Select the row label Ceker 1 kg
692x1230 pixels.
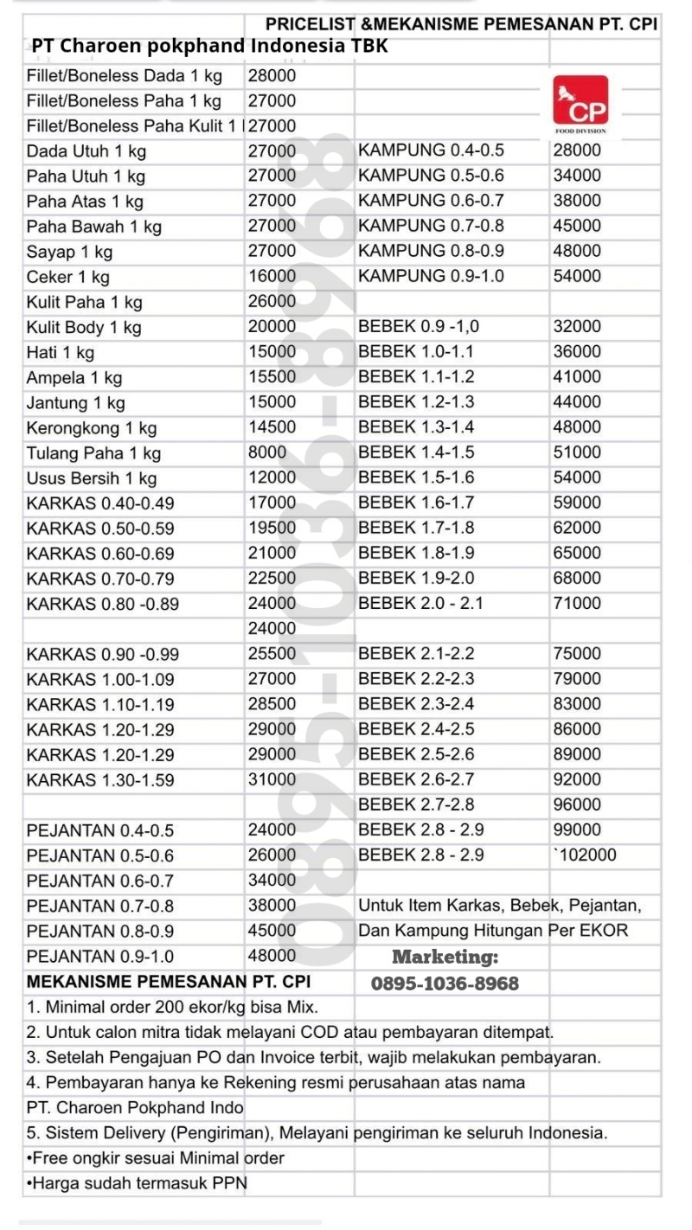(x=68, y=278)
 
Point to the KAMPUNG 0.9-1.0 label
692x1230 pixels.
(x=431, y=277)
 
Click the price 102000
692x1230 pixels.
(x=586, y=855)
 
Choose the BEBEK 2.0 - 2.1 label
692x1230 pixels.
(x=420, y=603)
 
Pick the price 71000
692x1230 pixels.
(x=577, y=603)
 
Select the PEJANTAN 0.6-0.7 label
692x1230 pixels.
(x=100, y=881)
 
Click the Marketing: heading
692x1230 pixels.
(x=445, y=957)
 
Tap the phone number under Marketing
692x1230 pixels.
(x=445, y=983)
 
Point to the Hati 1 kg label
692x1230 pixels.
(x=61, y=353)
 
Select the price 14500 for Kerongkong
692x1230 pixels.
(x=272, y=427)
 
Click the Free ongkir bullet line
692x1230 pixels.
(x=156, y=1157)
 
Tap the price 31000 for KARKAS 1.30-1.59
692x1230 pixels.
(x=272, y=779)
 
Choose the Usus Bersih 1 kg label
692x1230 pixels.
(x=92, y=478)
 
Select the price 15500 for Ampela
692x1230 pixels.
(x=272, y=377)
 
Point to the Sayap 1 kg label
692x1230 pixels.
(x=69, y=253)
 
